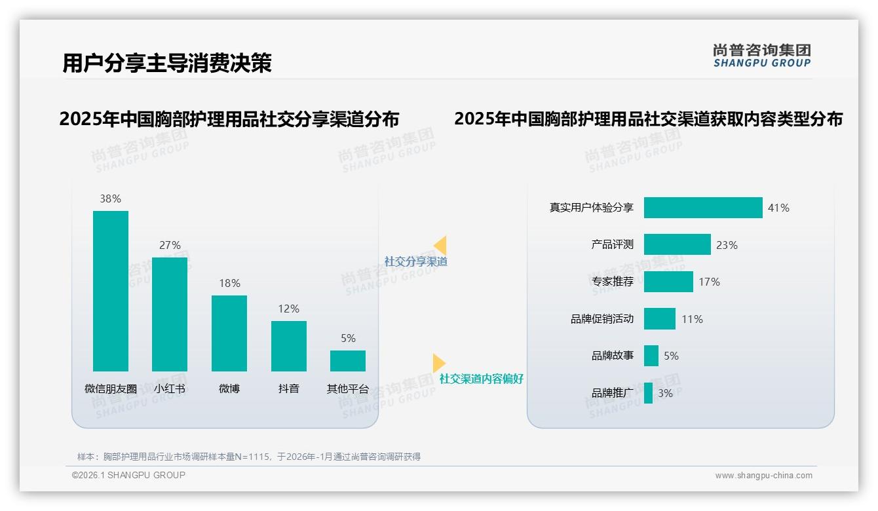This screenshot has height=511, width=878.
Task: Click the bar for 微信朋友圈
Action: pos(111,291)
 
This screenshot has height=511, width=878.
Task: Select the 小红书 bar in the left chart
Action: pos(170,314)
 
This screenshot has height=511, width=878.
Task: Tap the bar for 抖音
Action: pos(288,346)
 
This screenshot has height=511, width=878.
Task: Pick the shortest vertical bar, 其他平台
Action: pos(348,361)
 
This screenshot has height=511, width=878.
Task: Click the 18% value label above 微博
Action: pos(229,283)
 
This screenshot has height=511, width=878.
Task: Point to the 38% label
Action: pos(110,199)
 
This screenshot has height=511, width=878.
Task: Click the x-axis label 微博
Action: pos(229,388)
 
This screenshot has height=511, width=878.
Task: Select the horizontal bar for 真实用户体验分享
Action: pos(703,208)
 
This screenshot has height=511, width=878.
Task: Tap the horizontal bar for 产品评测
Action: pos(677,244)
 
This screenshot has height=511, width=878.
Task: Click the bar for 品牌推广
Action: pos(648,393)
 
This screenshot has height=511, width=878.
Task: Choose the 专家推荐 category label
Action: pos(613,282)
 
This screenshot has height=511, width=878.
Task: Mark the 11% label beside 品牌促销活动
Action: pos(692,319)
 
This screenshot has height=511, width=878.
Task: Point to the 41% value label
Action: pos(778,208)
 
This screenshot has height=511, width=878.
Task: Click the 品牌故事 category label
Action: pos(613,356)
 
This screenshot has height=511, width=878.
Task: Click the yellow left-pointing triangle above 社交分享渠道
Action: pos(440,246)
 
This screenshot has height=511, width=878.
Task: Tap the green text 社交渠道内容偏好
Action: pos(482,379)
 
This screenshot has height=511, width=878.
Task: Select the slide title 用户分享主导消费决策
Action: pos(167,63)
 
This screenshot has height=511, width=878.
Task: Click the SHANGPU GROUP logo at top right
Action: pos(761,56)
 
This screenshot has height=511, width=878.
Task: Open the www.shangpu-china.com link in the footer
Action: pos(763,476)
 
